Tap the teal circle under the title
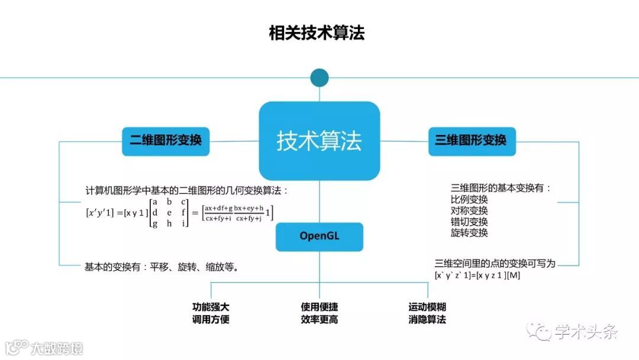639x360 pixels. tap(319, 78)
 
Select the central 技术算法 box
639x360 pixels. tap(319, 141)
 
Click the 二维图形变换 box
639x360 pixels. tap(166, 141)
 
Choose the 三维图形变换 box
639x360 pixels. tap(472, 141)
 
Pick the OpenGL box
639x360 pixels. tap(319, 236)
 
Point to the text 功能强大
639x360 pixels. tap(211, 307)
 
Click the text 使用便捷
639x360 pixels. tap(319, 307)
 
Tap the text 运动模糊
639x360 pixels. tap(427, 307)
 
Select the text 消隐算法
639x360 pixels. tap(427, 320)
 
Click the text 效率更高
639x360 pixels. tap(319, 320)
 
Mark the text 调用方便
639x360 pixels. tap(211, 320)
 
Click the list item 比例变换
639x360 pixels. tap(469, 200)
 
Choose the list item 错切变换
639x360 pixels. tap(469, 222)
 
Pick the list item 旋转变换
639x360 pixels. tap(469, 233)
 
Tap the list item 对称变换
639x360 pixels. tap(469, 211)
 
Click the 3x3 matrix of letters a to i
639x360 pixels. tap(169, 213)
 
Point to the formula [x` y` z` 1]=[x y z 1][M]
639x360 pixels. tap(477, 275)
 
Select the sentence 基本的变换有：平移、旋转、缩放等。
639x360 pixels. tap(162, 267)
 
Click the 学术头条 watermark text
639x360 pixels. tap(586, 332)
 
